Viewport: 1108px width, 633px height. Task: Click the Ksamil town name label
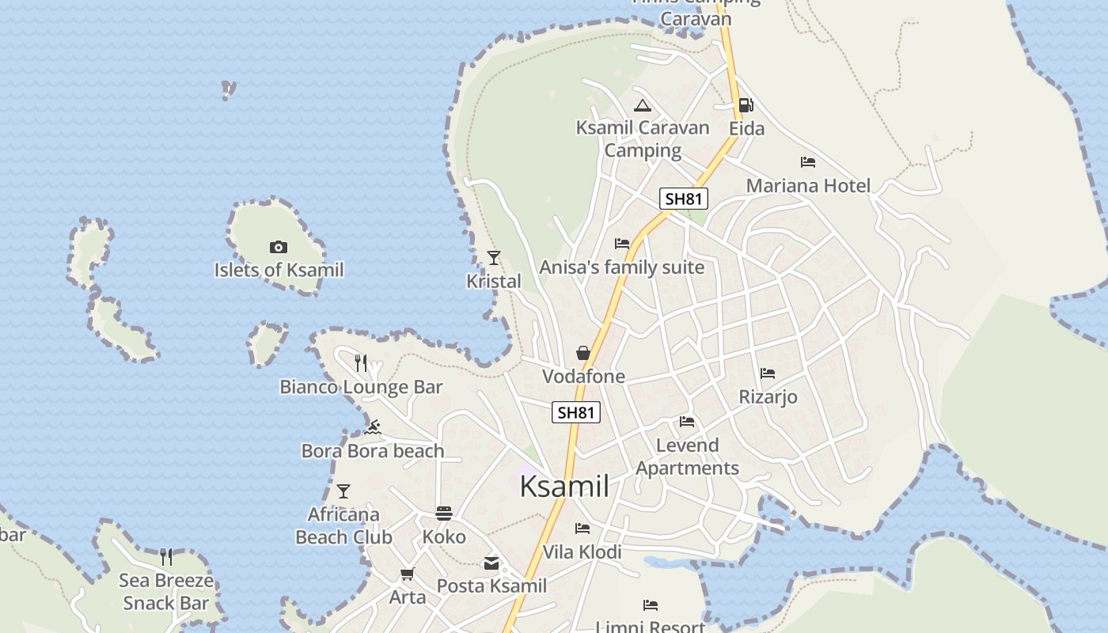click(564, 487)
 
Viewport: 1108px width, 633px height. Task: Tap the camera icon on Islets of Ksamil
click(278, 247)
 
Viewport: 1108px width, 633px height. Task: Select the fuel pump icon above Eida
click(746, 105)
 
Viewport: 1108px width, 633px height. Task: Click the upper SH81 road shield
click(683, 199)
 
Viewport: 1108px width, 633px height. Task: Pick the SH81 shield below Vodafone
click(575, 412)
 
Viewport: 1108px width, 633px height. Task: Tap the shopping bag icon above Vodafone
click(583, 353)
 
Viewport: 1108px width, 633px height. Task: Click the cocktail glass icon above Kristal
click(494, 257)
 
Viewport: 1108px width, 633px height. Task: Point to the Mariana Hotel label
click(808, 186)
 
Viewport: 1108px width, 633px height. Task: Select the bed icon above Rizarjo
click(767, 373)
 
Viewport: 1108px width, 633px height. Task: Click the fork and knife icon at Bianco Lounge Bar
click(361, 363)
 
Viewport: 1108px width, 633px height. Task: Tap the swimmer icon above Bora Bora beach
click(373, 428)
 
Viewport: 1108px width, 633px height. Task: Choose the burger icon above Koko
click(444, 514)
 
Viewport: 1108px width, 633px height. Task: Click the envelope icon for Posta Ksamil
click(491, 563)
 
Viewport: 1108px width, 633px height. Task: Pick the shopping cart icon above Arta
click(407, 574)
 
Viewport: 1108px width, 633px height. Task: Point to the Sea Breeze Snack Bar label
click(165, 592)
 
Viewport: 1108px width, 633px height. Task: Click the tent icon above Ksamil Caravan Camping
click(642, 105)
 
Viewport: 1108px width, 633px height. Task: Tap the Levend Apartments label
click(687, 457)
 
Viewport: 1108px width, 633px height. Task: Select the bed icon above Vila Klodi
click(582, 529)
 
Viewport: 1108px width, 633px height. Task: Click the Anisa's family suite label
click(621, 267)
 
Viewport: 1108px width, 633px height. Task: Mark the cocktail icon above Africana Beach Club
click(343, 491)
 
